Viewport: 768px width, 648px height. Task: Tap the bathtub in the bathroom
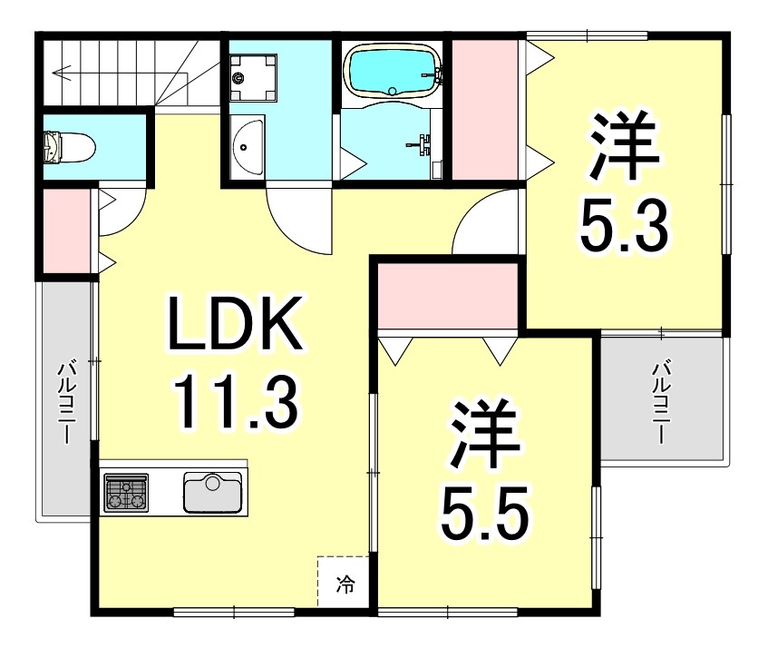(392, 70)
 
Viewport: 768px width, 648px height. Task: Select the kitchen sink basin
(214, 492)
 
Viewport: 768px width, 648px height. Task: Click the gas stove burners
(126, 492)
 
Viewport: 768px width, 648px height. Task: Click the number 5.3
(625, 227)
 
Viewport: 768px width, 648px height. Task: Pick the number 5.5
(484, 510)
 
